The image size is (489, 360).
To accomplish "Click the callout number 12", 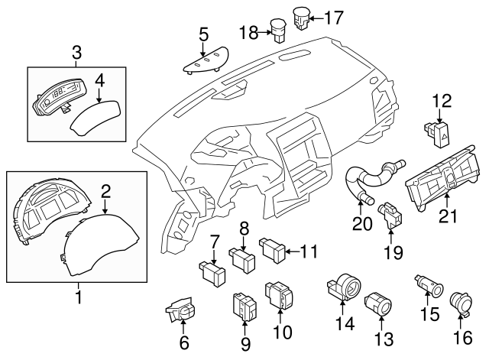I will (442, 100).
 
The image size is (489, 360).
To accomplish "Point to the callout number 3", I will (76, 52).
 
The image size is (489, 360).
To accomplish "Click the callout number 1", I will (77, 294).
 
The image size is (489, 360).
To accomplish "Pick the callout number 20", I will (361, 225).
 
